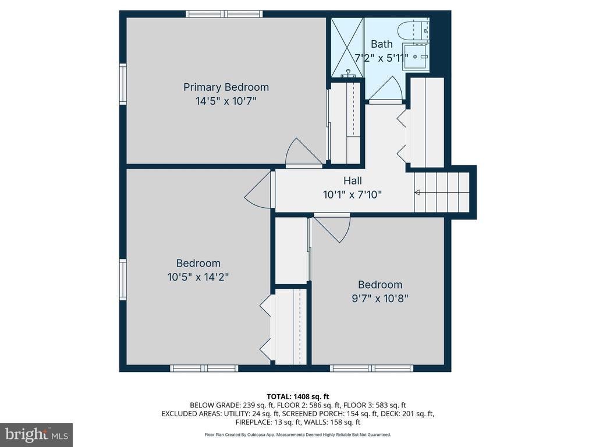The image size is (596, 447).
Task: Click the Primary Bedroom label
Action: coord(226,87)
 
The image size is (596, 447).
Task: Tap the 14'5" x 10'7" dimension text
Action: coord(226,101)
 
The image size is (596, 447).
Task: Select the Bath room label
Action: coord(382,44)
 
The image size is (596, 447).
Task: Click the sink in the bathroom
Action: coord(416,56)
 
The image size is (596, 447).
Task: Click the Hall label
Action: coord(353,180)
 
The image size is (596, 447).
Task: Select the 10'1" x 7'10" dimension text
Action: coord(352,194)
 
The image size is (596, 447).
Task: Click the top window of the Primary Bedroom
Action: coord(224,14)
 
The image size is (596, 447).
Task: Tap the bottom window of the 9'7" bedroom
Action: coord(371,368)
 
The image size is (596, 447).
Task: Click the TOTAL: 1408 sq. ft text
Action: coord(297,397)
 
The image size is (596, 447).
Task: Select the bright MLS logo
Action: coord(37,434)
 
